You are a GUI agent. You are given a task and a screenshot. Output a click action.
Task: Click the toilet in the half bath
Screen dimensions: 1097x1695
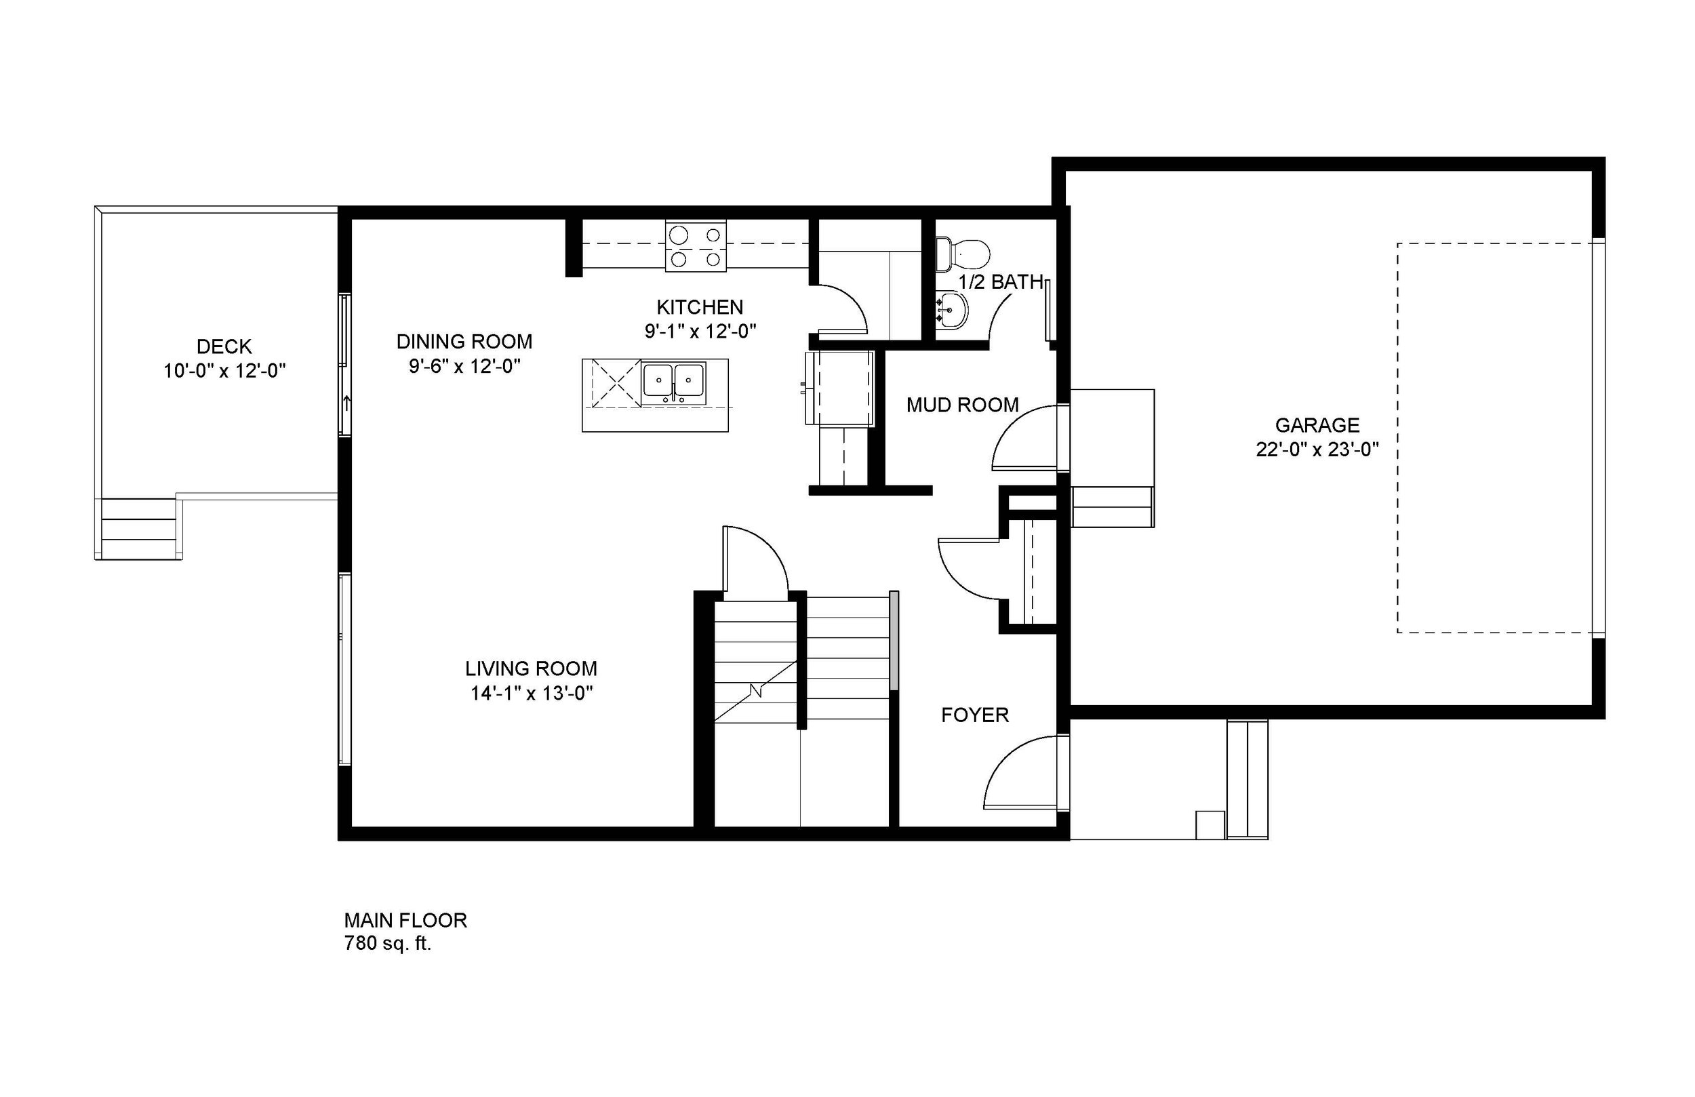pos(963,254)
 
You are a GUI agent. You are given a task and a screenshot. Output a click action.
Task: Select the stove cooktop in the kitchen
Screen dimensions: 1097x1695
pos(696,247)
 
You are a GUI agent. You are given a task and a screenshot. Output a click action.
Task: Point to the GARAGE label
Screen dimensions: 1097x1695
pos(1317,425)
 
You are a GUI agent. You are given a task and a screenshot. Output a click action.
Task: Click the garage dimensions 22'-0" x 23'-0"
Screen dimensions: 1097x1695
pos(1317,450)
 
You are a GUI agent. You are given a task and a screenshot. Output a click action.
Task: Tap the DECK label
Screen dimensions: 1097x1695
pos(224,347)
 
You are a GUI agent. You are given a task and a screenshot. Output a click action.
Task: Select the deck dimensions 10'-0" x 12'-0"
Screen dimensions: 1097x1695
pos(224,371)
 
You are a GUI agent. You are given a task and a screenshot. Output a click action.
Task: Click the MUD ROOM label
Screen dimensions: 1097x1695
pos(962,405)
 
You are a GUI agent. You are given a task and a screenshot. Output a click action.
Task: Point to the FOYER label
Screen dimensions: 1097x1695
pos(974,715)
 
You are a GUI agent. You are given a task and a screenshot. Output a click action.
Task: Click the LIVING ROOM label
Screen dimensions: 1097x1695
pos(531,669)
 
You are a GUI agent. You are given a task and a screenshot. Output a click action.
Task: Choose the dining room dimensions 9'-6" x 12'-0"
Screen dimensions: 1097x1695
pos(464,366)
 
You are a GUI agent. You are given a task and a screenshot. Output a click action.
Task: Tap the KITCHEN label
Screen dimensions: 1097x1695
pos(700,307)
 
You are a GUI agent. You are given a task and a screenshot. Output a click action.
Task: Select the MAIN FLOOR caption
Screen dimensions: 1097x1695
pos(405,920)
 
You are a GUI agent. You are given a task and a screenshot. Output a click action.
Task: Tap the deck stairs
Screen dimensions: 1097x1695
pos(139,530)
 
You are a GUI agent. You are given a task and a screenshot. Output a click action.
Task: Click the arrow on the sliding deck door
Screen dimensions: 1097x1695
pos(347,403)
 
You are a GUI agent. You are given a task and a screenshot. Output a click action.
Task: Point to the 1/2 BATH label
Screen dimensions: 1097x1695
pos(1000,282)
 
